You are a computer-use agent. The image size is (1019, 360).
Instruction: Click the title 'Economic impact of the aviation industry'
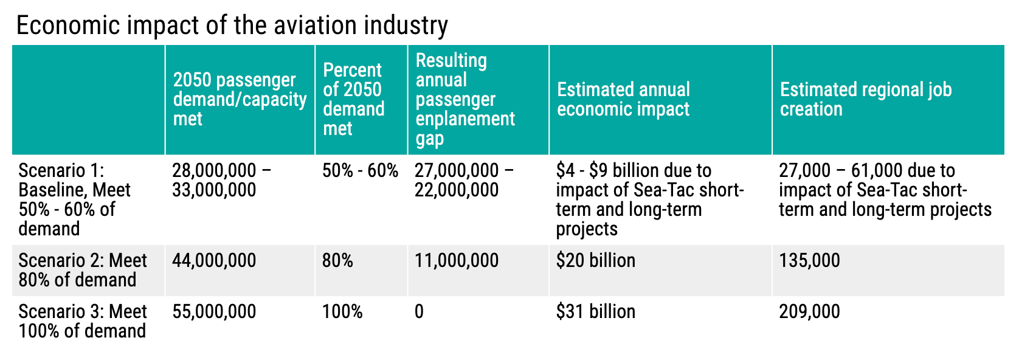click(232, 26)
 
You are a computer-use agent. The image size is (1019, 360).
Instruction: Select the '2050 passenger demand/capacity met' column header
click(240, 99)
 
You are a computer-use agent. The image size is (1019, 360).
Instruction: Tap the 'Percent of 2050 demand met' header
click(353, 99)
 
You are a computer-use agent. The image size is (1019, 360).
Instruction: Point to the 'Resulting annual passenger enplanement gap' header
click(465, 99)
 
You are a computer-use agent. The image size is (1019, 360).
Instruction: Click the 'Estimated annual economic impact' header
click(623, 99)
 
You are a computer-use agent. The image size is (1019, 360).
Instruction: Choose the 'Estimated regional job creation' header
click(865, 99)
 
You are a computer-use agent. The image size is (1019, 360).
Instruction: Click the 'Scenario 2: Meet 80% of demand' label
click(83, 270)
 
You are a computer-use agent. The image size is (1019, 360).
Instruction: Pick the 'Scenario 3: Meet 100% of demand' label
click(83, 321)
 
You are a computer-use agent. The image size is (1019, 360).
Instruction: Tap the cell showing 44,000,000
click(214, 261)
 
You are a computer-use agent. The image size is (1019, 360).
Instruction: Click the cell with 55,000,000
click(214, 312)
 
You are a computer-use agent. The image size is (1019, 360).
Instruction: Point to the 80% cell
click(337, 261)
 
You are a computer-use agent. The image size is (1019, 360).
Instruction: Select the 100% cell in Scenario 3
click(342, 312)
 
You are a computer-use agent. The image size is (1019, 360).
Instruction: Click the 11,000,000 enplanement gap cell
click(456, 261)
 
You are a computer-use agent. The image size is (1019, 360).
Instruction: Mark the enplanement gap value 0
click(419, 312)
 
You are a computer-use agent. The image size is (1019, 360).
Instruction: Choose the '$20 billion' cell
click(595, 261)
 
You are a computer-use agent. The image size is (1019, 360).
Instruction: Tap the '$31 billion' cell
click(595, 312)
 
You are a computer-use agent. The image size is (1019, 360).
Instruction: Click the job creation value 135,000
click(809, 261)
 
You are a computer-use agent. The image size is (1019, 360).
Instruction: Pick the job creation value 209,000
click(809, 312)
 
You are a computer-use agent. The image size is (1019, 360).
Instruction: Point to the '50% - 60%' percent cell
click(360, 171)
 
